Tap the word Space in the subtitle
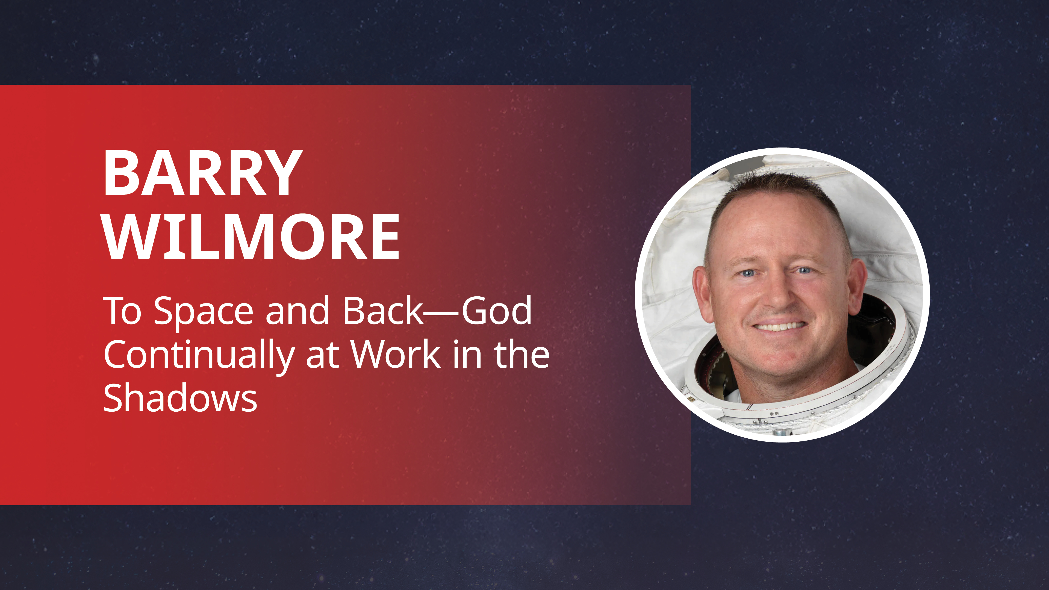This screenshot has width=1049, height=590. pyautogui.click(x=203, y=311)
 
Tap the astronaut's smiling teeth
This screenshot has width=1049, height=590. pyautogui.click(x=779, y=327)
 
